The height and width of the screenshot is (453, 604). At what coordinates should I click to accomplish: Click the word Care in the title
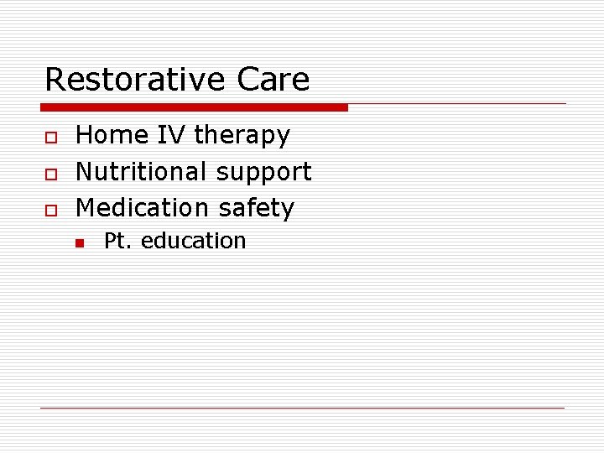[x=273, y=80]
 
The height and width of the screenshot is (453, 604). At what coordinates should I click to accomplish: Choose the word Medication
[x=142, y=208]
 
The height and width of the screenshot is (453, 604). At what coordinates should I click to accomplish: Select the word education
[x=193, y=242]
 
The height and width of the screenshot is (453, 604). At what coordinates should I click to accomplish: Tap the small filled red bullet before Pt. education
[x=79, y=243]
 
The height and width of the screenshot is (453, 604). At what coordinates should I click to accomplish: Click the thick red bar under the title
[x=194, y=107]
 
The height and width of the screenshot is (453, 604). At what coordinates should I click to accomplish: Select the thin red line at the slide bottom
[x=303, y=408]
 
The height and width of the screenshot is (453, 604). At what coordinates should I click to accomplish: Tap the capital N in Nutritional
[x=84, y=172]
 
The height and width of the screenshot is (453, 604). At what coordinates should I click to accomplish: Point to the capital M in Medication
[x=86, y=208]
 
